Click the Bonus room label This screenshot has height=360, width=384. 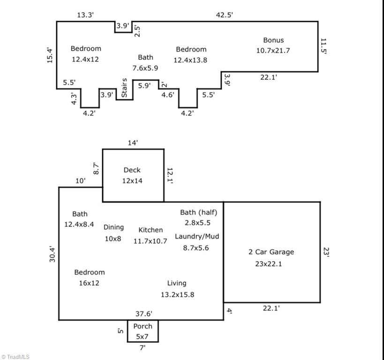(x=273, y=40)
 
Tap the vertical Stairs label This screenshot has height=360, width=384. (x=124, y=88)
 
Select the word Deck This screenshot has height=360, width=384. (x=132, y=170)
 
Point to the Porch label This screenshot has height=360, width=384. (x=143, y=326)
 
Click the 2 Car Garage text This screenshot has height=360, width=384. (x=271, y=252)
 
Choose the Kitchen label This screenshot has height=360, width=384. (x=151, y=230)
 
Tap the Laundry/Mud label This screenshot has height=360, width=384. (x=197, y=237)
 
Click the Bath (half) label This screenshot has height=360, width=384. (x=199, y=212)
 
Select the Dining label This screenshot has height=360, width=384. (x=113, y=227)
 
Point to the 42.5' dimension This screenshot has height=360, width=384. (x=224, y=15)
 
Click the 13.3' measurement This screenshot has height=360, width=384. (x=85, y=15)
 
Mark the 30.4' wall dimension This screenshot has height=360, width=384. (x=52, y=254)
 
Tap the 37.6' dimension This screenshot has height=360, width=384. (x=144, y=314)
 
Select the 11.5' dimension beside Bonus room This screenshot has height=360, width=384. (x=324, y=46)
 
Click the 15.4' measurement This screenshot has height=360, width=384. (x=50, y=55)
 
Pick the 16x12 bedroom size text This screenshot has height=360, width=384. (x=89, y=283)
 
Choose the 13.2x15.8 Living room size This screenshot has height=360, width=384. (x=178, y=295)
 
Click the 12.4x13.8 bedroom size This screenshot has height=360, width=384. (x=190, y=60)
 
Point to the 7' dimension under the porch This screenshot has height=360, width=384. (x=143, y=347)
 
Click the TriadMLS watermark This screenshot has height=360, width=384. (x=15, y=357)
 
